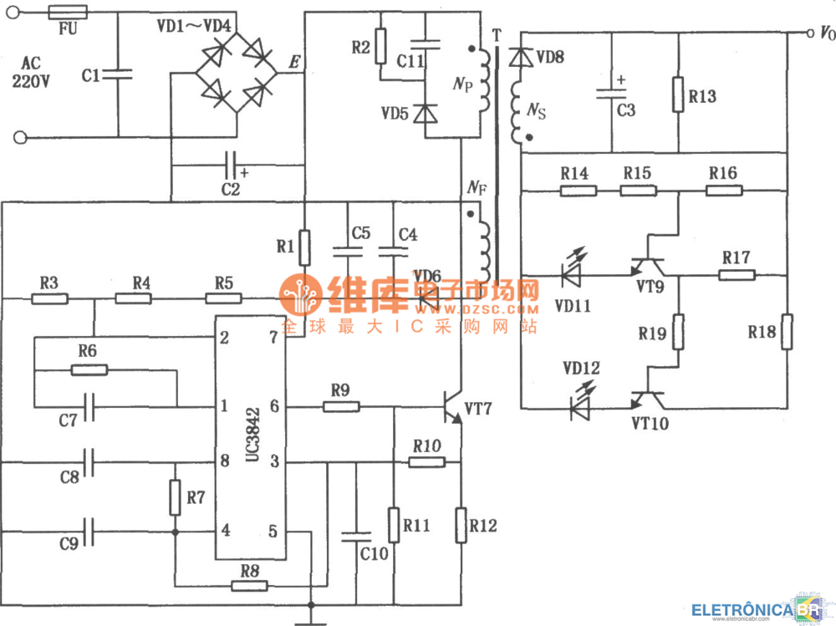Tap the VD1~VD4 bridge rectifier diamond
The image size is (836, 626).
237,73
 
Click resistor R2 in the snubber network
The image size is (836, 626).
380,46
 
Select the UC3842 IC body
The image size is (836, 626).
250,438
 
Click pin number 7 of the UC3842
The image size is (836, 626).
273,338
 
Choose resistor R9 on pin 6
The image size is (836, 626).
341,407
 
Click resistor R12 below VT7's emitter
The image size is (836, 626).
461,526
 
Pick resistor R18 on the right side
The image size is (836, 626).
786,332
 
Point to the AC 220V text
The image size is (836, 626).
30,72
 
